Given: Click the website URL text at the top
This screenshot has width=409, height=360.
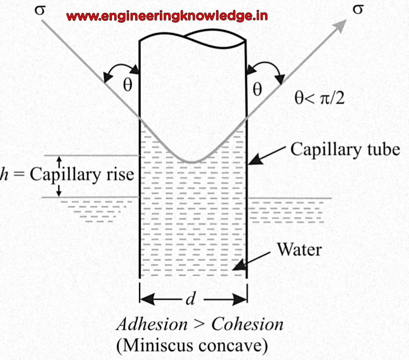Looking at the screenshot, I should click(167, 16).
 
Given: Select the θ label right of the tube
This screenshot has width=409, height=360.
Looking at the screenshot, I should click(258, 89).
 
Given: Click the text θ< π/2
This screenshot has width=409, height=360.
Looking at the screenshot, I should click(320, 99).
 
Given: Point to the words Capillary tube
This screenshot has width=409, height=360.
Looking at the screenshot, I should click(345, 149).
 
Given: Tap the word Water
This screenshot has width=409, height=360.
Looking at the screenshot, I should click(299, 250).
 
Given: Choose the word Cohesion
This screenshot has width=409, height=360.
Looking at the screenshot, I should click(247, 325).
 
